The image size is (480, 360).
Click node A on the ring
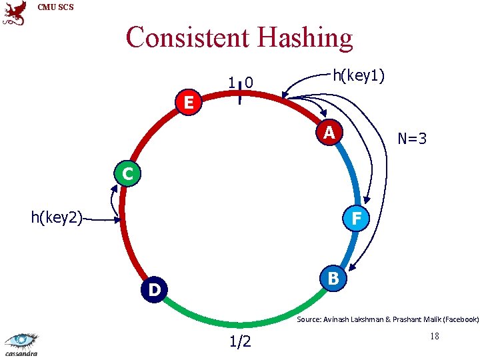(x=329, y=133)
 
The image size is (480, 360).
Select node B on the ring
(x=333, y=278)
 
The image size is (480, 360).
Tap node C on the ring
(x=126, y=175)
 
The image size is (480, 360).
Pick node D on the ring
(x=154, y=290)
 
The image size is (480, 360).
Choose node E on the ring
(x=189, y=103)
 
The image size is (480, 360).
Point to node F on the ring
(x=357, y=218)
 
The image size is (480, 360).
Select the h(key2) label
(x=57, y=217)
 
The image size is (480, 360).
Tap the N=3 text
(x=411, y=139)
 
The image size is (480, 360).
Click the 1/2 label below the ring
(x=240, y=342)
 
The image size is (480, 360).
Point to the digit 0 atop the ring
(x=248, y=83)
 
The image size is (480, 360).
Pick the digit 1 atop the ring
(x=231, y=83)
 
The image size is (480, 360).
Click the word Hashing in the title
(x=301, y=37)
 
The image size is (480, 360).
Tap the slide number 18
(x=434, y=337)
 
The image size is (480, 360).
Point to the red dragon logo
(x=15, y=13)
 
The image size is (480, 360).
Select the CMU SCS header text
(x=56, y=7)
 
